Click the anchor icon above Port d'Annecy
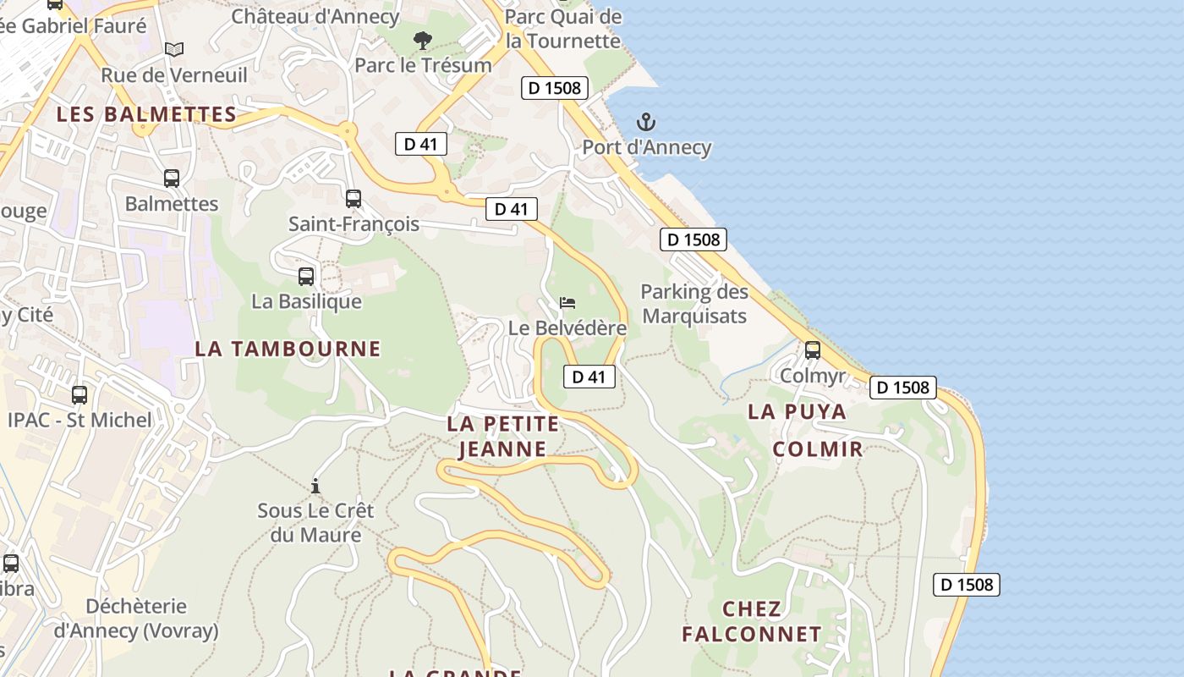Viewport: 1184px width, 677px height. click(x=646, y=122)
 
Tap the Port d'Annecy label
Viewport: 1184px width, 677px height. click(x=646, y=147)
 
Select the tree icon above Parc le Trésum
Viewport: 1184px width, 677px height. click(x=422, y=40)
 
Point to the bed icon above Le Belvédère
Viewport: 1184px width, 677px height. click(x=567, y=303)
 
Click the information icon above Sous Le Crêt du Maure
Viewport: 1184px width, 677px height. click(x=315, y=486)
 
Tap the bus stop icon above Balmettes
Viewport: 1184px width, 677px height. click(x=172, y=179)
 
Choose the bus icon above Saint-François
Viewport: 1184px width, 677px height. click(x=354, y=199)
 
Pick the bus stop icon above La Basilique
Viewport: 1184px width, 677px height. click(x=306, y=276)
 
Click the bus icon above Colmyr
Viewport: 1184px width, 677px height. click(x=813, y=350)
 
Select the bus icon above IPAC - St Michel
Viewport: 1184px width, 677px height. click(x=79, y=394)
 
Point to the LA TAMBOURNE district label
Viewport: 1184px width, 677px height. click(x=288, y=349)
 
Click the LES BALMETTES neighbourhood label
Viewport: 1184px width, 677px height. click(x=146, y=115)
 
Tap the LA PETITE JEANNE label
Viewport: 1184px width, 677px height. click(x=503, y=436)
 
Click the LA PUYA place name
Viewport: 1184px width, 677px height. click(x=797, y=412)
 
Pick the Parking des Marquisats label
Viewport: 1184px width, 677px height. click(x=694, y=304)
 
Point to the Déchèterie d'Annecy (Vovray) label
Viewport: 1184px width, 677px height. click(x=136, y=619)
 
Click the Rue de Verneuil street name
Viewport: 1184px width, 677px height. click(x=174, y=75)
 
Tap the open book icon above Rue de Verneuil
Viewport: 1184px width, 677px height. click(x=174, y=50)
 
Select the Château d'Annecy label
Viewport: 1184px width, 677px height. click(x=315, y=16)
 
